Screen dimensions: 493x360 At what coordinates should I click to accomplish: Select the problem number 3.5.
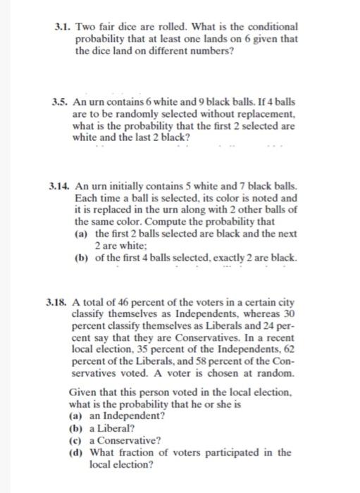[x=63, y=102]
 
